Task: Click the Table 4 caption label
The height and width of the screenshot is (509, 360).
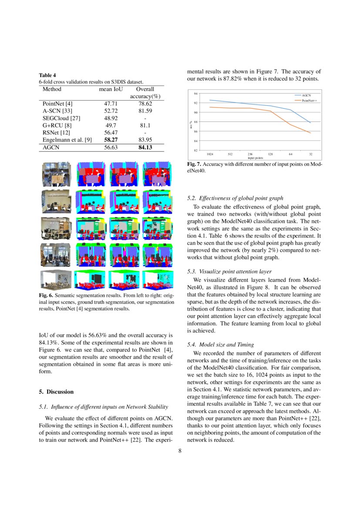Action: tap(47, 75)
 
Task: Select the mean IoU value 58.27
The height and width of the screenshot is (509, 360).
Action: tap(111, 139)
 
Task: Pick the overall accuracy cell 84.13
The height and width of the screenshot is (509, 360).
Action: tap(145, 147)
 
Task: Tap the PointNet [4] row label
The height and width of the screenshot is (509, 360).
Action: tap(57, 104)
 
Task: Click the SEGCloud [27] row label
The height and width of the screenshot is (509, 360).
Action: tap(61, 118)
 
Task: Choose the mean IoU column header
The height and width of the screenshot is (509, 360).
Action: tap(111, 89)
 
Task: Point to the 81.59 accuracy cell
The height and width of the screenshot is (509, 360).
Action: tap(145, 111)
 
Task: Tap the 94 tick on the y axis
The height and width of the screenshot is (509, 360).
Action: tap(196, 94)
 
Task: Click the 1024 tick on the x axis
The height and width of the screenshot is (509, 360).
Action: tap(210, 154)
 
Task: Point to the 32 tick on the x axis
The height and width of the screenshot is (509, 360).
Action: tap(310, 154)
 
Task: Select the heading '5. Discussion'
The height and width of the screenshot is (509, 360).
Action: tap(56, 391)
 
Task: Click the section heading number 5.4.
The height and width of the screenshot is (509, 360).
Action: tap(192, 345)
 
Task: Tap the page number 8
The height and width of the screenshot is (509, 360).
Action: tap(180, 451)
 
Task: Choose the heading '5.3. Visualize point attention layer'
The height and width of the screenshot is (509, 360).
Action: tap(229, 271)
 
